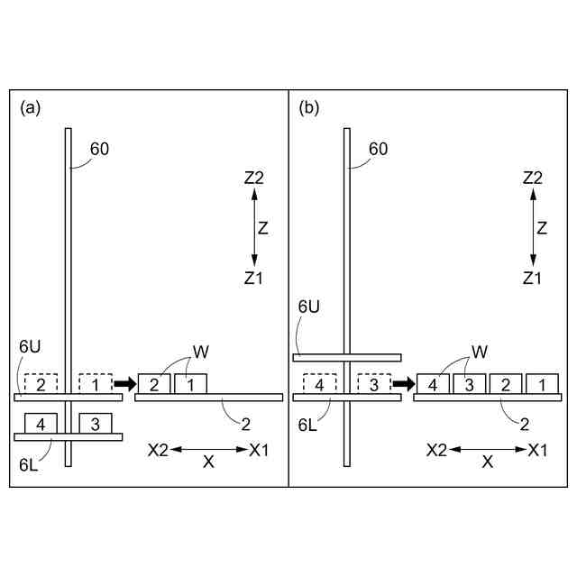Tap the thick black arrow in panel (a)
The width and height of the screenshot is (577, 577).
[x=124, y=383]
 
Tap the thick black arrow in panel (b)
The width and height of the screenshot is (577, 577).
[x=402, y=383]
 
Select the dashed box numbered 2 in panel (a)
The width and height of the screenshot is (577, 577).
[x=41, y=383]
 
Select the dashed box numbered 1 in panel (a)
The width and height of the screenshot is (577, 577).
[x=95, y=383]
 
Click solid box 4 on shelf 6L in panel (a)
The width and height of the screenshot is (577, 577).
[x=41, y=422]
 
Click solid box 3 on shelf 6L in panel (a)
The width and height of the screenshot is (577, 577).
[x=95, y=422]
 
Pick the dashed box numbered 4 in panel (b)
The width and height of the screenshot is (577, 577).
[x=319, y=383]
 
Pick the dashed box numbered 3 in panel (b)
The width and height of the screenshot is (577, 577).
[x=373, y=383]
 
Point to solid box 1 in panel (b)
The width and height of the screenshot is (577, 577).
[x=542, y=383]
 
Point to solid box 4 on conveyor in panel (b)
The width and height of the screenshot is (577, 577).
[x=434, y=383]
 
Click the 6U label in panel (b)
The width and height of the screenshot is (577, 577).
[x=309, y=332]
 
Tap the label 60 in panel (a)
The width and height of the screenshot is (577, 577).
[x=100, y=150]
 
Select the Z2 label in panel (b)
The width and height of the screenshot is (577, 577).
[x=532, y=179]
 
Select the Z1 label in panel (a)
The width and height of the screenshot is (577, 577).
[x=253, y=279]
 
